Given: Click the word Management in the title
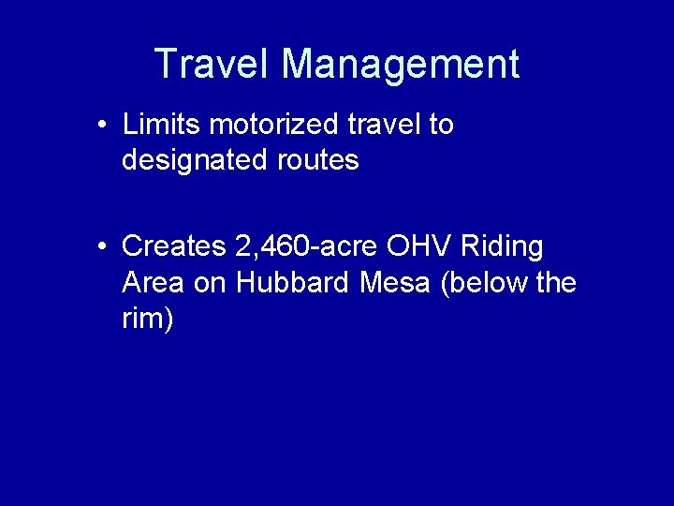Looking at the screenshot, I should click(400, 64).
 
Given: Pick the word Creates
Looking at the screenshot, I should click(174, 246).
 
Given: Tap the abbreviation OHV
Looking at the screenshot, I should click(412, 246).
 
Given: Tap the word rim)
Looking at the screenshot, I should click(148, 319).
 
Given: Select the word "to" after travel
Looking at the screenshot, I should click(441, 125).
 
